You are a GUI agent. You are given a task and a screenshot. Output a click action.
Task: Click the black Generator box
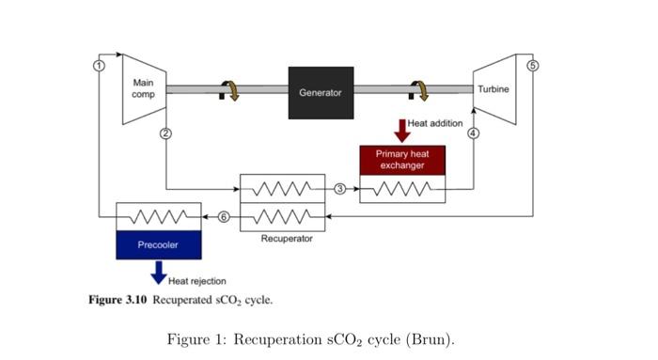coord(321,92)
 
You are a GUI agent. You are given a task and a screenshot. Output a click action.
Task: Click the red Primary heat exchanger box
coord(402,160)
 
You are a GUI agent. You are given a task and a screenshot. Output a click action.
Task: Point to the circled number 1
coord(98,64)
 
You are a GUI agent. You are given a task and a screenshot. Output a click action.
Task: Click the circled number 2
coord(165,133)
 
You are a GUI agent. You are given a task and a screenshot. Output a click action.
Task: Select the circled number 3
coord(340,189)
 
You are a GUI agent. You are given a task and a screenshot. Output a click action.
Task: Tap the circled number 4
coord(474,133)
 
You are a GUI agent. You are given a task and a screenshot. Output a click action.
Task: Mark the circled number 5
coord(533,65)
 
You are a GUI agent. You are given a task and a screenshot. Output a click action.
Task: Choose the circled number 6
coord(224,217)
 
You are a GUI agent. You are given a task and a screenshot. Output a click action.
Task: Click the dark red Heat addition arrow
coord(402,130)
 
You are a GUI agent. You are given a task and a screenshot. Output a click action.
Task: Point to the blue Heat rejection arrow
coord(158,272)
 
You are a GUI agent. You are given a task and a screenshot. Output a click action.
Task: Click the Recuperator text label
coord(287,239)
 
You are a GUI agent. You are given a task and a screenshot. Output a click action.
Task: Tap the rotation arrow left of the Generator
coord(228,89)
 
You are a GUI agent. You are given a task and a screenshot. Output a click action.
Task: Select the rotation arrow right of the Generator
coord(419,89)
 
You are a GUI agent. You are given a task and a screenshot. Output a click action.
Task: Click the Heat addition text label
coord(434,124)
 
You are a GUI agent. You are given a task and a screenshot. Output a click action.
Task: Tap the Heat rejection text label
coord(196,280)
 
